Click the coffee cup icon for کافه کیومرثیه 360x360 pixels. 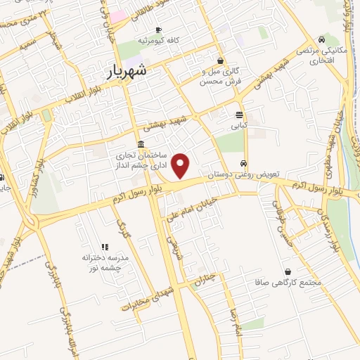[158, 30]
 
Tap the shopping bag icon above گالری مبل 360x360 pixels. [221, 60]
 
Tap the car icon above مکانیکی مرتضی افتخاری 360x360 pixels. [321, 39]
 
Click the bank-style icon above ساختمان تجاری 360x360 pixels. [141, 143]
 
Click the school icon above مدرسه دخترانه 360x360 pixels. [105, 246]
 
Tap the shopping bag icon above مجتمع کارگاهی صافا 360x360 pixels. [288, 271]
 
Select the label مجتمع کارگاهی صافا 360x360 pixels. [289, 283]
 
